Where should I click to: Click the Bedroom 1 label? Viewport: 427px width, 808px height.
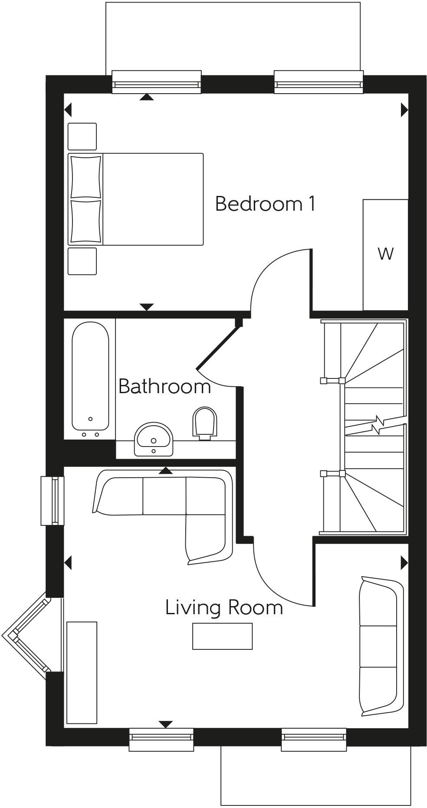(265, 204)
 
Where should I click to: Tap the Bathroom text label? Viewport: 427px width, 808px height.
(164, 386)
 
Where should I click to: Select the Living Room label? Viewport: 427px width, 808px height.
(224, 607)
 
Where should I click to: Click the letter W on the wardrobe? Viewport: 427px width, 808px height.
(385, 254)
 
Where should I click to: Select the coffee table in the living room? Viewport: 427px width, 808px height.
(222, 636)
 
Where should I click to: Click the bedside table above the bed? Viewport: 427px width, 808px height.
(82, 137)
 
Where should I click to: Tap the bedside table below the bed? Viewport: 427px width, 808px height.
(82, 261)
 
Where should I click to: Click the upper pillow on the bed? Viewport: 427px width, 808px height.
(85, 176)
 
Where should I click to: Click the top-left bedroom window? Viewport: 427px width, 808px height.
(157, 82)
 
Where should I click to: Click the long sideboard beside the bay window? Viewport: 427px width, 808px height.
(82, 672)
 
